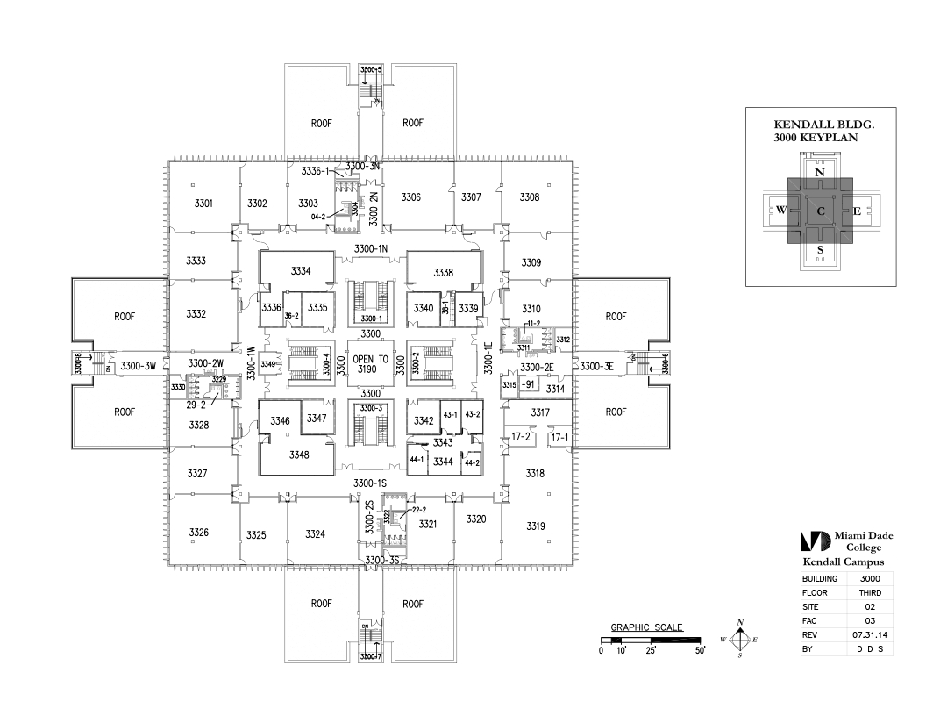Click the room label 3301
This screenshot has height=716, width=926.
coord(203,204)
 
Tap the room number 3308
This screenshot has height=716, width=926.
coord(529,197)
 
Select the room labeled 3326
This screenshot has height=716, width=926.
coord(198,533)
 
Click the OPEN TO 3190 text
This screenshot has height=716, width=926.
coord(370,364)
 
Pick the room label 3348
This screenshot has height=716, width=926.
coord(300,455)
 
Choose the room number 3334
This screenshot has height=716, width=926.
coord(300,271)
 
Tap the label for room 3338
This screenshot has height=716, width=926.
coord(443,273)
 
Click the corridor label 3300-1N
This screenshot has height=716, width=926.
coord(370,249)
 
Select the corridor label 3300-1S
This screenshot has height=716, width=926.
coord(370,483)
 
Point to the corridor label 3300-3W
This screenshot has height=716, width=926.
coord(138,365)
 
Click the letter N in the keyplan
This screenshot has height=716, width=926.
coord(820,173)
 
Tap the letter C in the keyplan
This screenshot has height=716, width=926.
coord(821,211)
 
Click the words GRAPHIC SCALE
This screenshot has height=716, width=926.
coord(646,627)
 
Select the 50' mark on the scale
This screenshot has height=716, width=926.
coord(700,651)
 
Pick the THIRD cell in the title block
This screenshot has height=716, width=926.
coord(870,592)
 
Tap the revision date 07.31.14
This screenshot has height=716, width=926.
coord(870,634)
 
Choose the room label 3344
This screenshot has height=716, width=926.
coord(443,462)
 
